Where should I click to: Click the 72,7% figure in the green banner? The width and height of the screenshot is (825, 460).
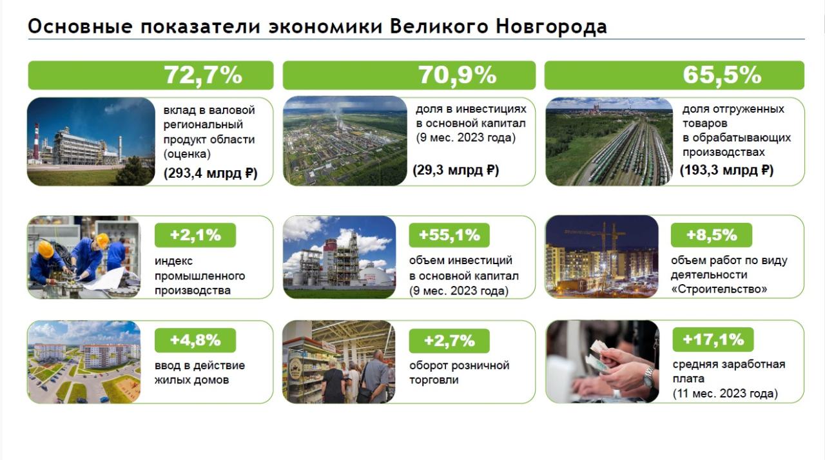click(x=203, y=75)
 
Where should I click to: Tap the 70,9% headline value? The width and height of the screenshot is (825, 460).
click(x=457, y=75)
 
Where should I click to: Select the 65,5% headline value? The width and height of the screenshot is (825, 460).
click(x=722, y=75)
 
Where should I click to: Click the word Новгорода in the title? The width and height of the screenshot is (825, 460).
click(x=551, y=27)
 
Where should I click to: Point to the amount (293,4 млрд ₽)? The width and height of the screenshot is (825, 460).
click(x=210, y=173)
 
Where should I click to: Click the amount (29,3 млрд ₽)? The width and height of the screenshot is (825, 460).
click(x=456, y=170)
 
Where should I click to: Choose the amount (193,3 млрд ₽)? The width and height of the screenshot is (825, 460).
click(x=726, y=170)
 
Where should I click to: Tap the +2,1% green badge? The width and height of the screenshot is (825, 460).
click(x=195, y=235)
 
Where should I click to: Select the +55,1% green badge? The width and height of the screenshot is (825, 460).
click(x=449, y=235)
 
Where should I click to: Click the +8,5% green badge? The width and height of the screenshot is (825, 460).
click(x=712, y=235)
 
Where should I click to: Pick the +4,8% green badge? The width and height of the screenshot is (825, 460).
click(x=195, y=340)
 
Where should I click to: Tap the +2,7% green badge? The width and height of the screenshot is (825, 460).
click(x=449, y=341)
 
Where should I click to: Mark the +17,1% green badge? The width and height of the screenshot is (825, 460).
click(x=713, y=340)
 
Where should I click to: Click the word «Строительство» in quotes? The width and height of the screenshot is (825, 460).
click(x=719, y=289)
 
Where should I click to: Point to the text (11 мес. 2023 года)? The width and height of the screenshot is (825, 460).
click(x=725, y=394)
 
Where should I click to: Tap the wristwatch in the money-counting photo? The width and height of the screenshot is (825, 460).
click(x=648, y=376)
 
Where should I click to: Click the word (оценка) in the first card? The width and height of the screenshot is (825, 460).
click(x=187, y=154)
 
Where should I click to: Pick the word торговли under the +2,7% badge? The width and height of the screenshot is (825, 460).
click(x=434, y=379)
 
